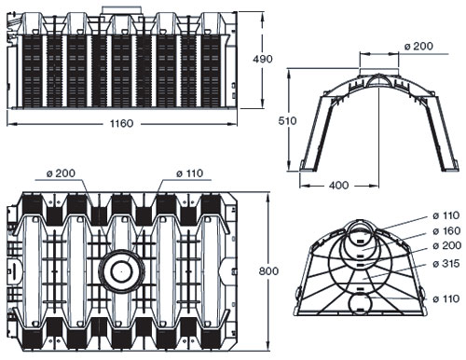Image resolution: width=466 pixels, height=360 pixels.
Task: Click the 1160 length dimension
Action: tap(121, 123)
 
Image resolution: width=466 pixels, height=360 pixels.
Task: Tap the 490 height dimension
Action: tap(263, 59)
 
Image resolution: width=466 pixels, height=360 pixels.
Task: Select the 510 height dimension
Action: tap(287, 120)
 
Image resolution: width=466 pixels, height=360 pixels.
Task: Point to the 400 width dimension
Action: tap(338, 185)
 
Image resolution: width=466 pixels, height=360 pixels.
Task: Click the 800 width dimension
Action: tap(268, 271)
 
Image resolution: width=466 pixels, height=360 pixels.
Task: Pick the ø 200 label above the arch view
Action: tap(418, 46)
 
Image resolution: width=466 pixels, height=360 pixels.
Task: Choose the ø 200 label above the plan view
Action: tap(61, 173)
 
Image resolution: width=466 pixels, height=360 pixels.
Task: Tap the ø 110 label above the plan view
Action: tap(189, 173)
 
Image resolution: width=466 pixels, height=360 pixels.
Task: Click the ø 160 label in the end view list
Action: tap(446, 230)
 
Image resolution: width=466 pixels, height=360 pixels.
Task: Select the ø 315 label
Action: tap(446, 263)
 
